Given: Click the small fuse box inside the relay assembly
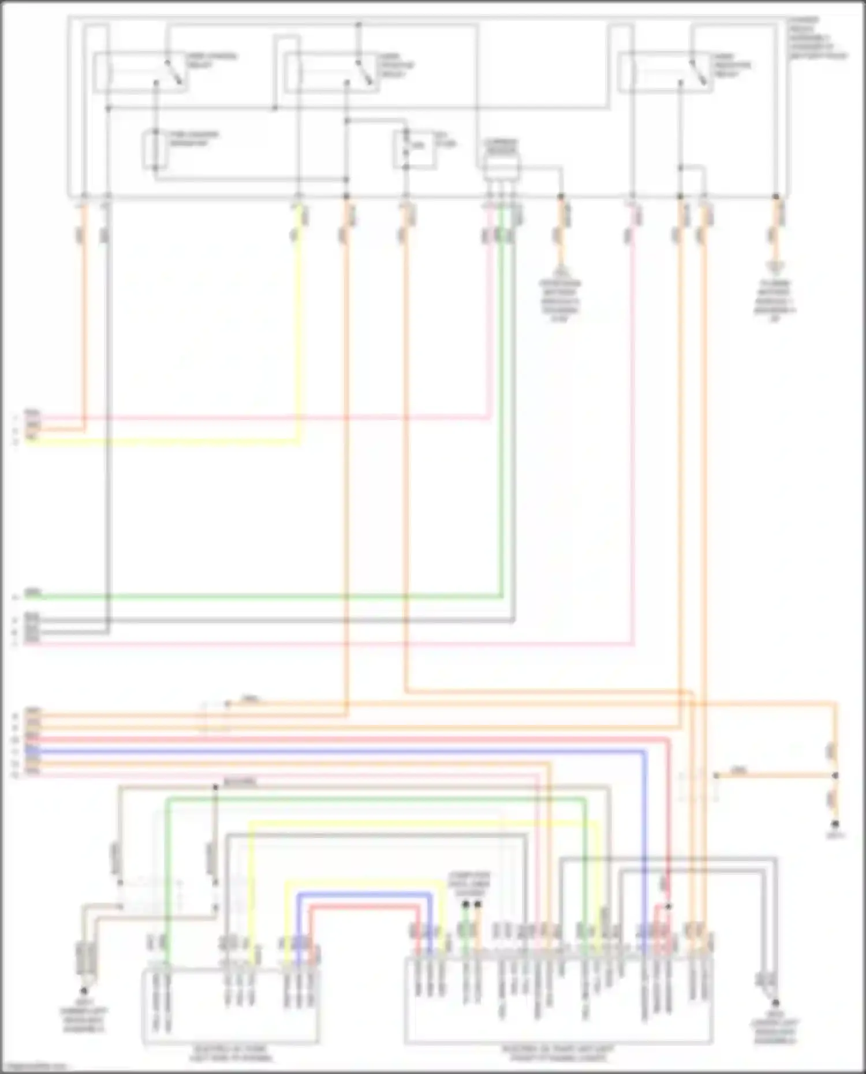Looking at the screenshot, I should pos(414,149).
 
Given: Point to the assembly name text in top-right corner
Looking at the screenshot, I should pos(817,38).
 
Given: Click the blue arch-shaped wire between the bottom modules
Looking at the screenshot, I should pos(364,894).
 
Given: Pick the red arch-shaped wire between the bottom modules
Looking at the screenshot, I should pos(364,907).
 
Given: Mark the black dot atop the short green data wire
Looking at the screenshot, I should pos(466,904).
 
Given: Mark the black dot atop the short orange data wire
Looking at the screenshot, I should pos(478,904).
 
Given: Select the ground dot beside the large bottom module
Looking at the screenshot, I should pos(775,1002).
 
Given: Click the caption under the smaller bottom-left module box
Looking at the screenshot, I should pos(230,1054).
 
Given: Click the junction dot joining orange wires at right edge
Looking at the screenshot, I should pos(835,776).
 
